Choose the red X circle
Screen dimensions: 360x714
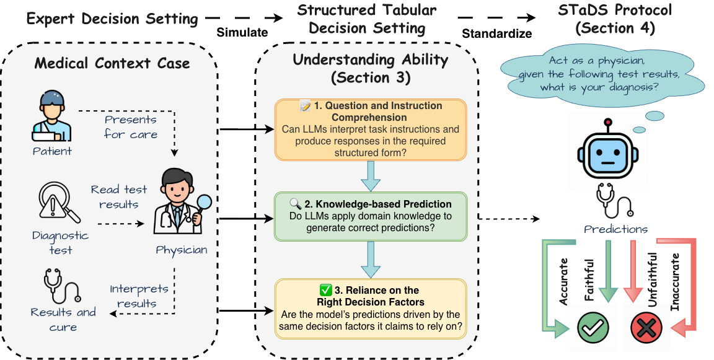click(646, 327)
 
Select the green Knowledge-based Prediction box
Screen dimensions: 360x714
click(370, 216)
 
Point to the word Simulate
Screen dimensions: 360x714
click(242, 32)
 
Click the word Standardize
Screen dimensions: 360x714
click(496, 33)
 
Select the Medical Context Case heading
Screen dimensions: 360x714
click(112, 63)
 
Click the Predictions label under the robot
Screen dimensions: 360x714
click(615, 229)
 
